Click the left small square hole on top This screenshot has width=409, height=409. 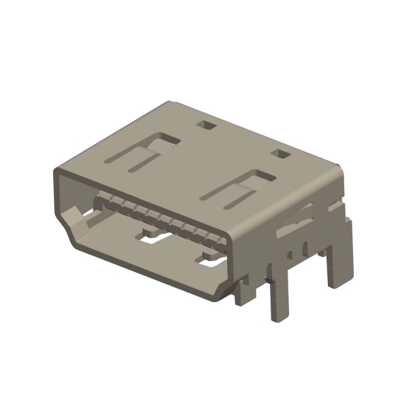pyautogui.click(x=204, y=125)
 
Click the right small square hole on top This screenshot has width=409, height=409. pyautogui.click(x=280, y=154)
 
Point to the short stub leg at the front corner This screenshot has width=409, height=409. pyautogui.click(x=243, y=293)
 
